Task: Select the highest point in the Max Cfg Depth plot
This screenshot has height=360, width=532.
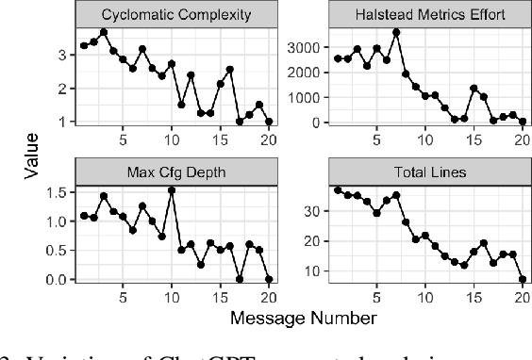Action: (172, 189)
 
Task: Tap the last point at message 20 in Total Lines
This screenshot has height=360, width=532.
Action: (521, 279)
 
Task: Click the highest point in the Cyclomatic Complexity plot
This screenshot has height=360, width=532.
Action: (104, 32)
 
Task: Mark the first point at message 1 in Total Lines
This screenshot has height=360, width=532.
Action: (338, 189)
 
